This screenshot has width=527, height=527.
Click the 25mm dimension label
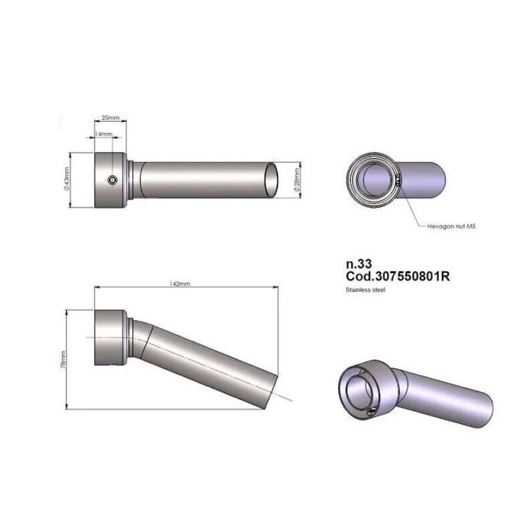tap(110, 119)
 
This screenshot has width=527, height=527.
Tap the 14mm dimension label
tap(103, 134)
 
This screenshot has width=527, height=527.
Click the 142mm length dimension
tap(181, 285)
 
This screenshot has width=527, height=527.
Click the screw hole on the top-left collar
tap(111, 181)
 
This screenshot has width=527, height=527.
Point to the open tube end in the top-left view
tap(276, 181)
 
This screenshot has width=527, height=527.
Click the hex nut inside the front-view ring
tap(397, 180)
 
